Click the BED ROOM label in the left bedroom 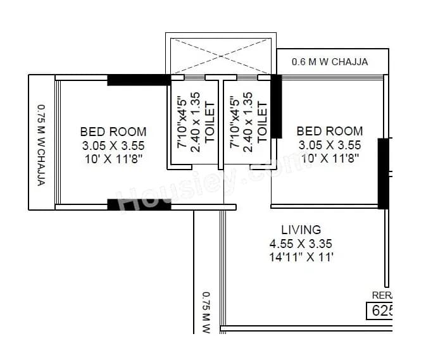pyautogui.click(x=113, y=132)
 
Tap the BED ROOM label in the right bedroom pyautogui.click(x=330, y=131)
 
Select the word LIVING pyautogui.click(x=301, y=230)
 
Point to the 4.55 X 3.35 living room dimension pyautogui.click(x=301, y=244)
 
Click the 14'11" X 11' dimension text pyautogui.click(x=301, y=258)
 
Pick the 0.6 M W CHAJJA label pyautogui.click(x=329, y=62)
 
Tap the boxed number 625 pyautogui.click(x=380, y=311)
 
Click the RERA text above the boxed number pyautogui.click(x=382, y=295)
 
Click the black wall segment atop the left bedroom pyautogui.click(x=139, y=80)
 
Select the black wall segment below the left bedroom pyautogui.click(x=139, y=204)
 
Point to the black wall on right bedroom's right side pyautogui.click(x=383, y=173)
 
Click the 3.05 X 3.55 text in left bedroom pyautogui.click(x=113, y=146)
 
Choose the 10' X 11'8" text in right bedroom pyautogui.click(x=330, y=159)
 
